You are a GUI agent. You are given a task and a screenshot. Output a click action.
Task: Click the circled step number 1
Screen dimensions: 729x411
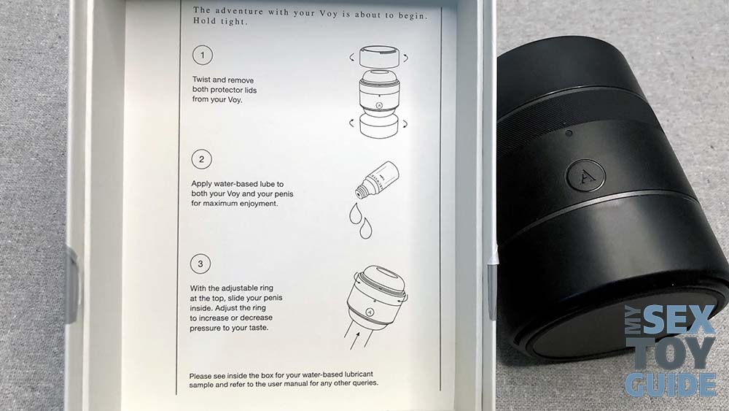[202, 55]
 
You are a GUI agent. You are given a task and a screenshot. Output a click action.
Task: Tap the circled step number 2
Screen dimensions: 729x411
[201, 159]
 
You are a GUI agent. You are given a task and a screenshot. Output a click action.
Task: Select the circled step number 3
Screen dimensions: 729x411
[200, 264]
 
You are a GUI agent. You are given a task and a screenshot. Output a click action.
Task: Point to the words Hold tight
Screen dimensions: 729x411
[220, 21]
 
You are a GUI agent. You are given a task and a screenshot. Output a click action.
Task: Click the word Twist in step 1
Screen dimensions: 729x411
[201, 80]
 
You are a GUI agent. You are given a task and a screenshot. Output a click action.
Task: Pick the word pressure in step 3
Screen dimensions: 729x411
[206, 329]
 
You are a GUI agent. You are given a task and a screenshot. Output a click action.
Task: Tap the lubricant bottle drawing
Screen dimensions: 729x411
[377, 179]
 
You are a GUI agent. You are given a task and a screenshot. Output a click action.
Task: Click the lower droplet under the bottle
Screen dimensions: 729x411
[365, 228]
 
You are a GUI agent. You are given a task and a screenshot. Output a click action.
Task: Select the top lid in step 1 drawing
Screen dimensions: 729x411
[379, 56]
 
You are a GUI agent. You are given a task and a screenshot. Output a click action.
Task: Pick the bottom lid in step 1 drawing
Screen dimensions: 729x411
[379, 126]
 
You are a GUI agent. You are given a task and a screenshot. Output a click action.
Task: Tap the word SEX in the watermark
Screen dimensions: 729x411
[677, 320]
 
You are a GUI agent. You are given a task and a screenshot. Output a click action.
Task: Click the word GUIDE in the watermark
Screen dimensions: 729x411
[671, 385]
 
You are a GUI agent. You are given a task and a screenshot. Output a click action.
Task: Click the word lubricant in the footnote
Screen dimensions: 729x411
[354, 374]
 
